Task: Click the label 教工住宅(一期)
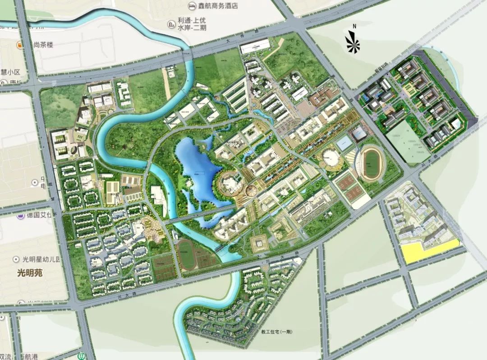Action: point(277,332)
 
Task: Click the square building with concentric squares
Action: point(259,243)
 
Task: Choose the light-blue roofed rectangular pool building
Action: point(345,144)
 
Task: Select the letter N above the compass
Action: point(354,27)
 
